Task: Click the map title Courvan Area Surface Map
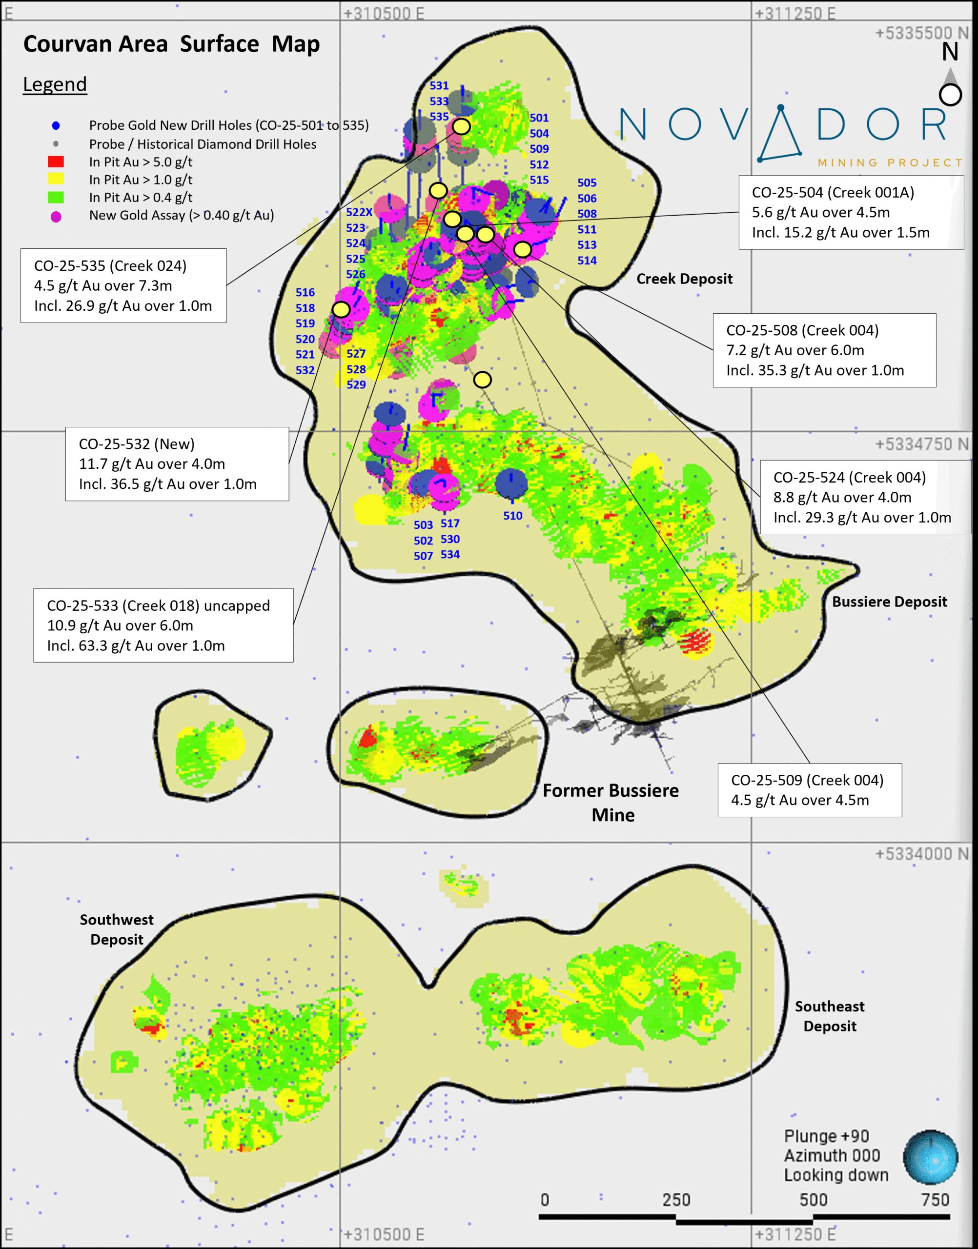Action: click(171, 44)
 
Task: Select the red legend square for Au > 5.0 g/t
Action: click(56, 162)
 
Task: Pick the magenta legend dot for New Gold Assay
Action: click(56, 216)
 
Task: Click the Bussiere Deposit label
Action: click(889, 602)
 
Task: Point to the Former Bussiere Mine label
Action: click(611, 802)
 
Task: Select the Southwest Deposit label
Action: click(116, 929)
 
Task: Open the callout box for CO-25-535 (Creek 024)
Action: click(123, 285)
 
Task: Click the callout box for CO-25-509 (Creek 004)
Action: click(809, 790)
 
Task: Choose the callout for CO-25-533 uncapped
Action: click(163, 625)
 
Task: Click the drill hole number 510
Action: click(512, 516)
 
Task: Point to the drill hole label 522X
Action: click(359, 212)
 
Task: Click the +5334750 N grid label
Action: click(921, 443)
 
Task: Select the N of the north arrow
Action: click(950, 53)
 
